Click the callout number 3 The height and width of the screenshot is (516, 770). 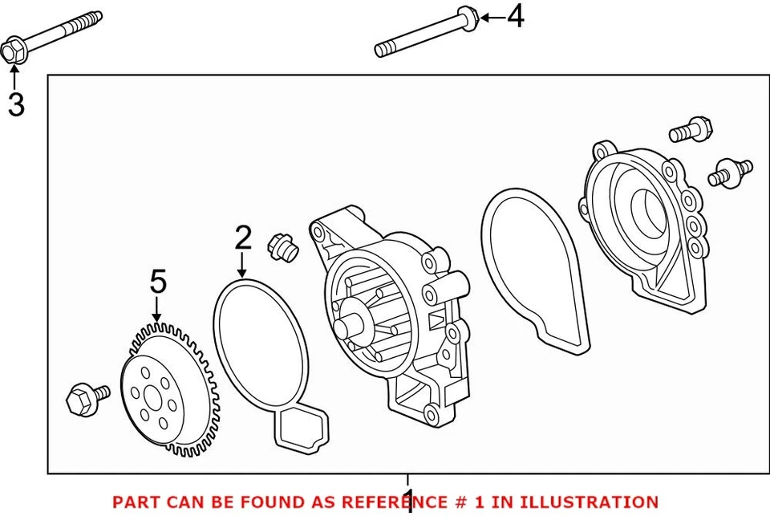(x=16, y=104)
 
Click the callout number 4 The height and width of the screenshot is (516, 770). (x=515, y=16)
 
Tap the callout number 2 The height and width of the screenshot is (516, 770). (x=243, y=237)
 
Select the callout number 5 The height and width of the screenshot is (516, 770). (x=158, y=281)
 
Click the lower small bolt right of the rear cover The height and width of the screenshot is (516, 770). (x=730, y=173)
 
